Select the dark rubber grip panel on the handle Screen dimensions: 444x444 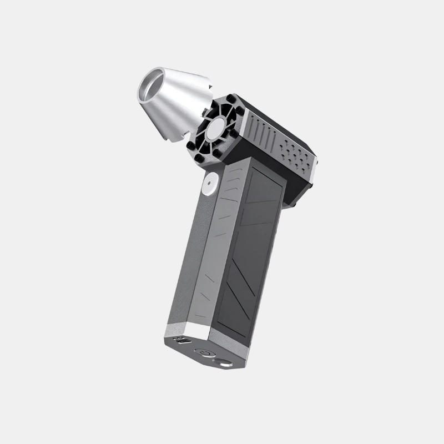click(x=250, y=250)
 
